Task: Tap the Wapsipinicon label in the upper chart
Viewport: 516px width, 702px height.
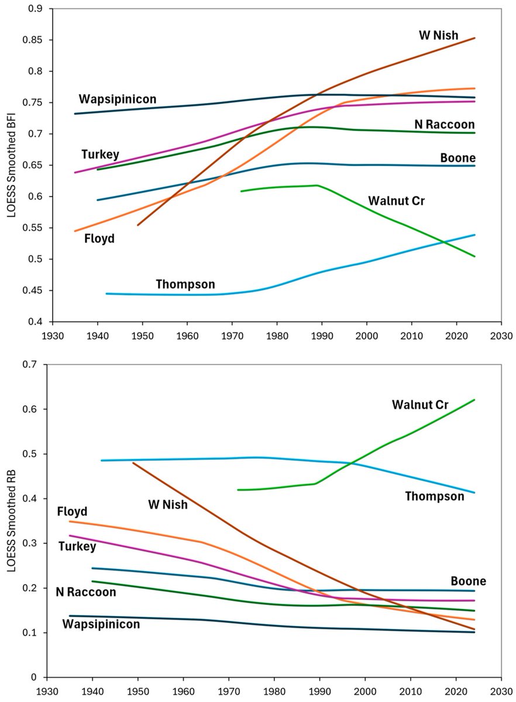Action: (x=118, y=99)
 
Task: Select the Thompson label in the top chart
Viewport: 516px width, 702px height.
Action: (x=185, y=285)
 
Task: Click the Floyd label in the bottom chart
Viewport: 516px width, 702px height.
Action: (x=72, y=512)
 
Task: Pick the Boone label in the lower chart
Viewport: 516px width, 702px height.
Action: (x=468, y=581)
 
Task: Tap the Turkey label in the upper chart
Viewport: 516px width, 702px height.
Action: (x=100, y=154)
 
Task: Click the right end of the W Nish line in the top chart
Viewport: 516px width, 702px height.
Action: (x=474, y=38)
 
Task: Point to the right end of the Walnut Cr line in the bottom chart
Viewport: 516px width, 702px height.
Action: (x=474, y=400)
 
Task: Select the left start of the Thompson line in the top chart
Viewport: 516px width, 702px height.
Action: (x=106, y=294)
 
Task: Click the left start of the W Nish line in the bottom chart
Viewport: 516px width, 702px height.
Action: (x=133, y=463)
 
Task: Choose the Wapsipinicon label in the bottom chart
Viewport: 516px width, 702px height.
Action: (x=101, y=624)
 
